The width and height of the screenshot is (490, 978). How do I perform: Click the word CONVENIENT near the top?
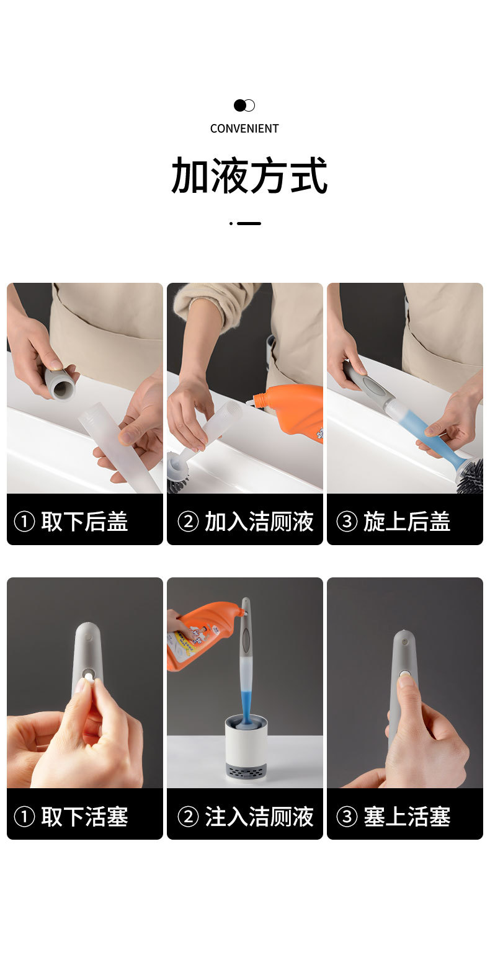[x=244, y=128]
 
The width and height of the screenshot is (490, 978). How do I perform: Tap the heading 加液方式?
[x=249, y=176]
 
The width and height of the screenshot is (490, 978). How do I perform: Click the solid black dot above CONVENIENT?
[x=239, y=105]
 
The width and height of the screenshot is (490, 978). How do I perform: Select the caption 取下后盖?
[x=84, y=522]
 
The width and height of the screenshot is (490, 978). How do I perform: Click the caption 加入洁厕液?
[x=259, y=522]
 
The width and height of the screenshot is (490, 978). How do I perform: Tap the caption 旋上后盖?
[x=406, y=522]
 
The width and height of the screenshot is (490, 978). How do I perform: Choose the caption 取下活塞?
[x=84, y=816]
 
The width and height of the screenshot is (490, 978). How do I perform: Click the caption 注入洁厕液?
[x=259, y=816]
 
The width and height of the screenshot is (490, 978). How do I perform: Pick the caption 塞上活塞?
[x=406, y=816]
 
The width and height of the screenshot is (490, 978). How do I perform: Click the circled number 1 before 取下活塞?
[x=24, y=817]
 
